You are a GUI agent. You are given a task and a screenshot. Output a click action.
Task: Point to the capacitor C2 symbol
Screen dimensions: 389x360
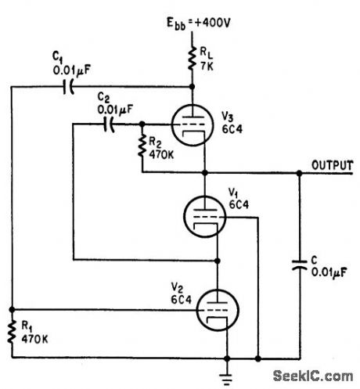coord(114,124)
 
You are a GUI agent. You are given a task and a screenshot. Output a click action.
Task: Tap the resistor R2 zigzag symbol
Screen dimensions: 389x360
coord(142,146)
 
